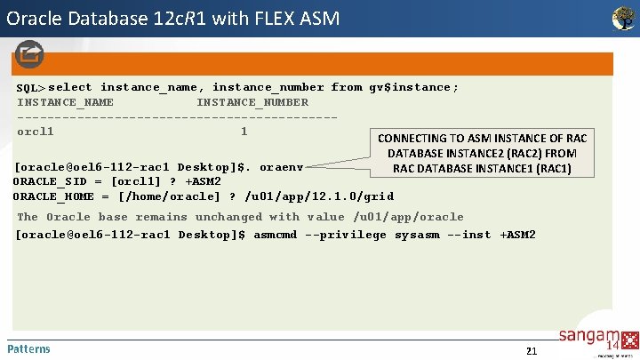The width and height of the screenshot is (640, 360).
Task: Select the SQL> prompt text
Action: tap(31, 88)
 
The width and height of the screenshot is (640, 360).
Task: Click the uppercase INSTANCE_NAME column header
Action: tap(65, 102)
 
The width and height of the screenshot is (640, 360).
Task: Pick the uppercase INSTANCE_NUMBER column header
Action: tap(252, 102)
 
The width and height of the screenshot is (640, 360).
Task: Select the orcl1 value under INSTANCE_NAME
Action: tap(36, 132)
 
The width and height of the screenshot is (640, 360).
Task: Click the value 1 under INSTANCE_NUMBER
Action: tap(244, 132)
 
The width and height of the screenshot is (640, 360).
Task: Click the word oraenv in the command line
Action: tap(282, 167)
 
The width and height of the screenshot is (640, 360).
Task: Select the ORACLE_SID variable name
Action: tap(50, 181)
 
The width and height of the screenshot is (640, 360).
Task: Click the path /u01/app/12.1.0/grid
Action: tap(319, 196)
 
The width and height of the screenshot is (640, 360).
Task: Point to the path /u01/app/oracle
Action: tap(408, 217)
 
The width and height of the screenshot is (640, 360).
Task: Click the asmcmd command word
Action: tap(276, 235)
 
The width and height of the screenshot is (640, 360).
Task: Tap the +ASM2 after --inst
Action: tap(517, 235)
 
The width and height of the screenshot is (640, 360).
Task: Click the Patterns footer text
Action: tap(28, 348)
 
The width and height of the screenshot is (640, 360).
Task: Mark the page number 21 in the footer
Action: tap(532, 350)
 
